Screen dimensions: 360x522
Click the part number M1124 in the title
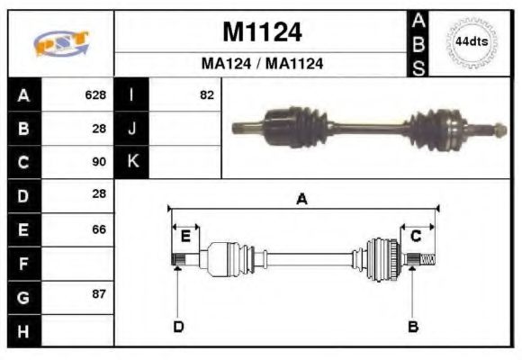pos(262,33)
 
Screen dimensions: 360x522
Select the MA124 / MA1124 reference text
pos(262,64)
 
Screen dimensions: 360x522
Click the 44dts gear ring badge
pos(471,42)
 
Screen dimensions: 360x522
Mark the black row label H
pos(23,331)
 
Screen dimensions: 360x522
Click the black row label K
pos(132,162)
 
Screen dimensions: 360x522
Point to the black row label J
pos(132,129)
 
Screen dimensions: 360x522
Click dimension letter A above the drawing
pos(301,199)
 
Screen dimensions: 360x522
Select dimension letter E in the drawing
pos(185,237)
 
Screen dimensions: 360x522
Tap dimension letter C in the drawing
pos(416,237)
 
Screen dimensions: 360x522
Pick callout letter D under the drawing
pos(177,326)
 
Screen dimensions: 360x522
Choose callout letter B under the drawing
pos(413,326)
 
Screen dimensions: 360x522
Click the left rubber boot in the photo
pos(302,123)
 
